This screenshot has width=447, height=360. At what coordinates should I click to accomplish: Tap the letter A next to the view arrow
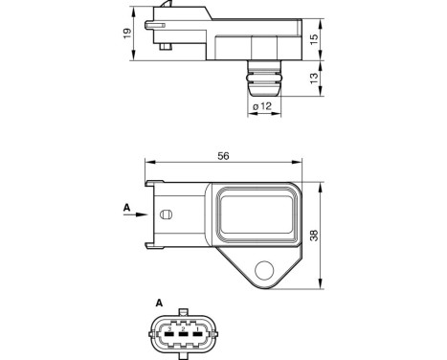pyautogui.click(x=123, y=206)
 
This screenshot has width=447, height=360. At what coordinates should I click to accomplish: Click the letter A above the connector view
pyautogui.click(x=159, y=304)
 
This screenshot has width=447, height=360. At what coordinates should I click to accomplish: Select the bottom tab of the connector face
pyautogui.click(x=183, y=354)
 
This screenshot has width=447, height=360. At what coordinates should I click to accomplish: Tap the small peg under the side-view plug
pyautogui.click(x=167, y=45)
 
